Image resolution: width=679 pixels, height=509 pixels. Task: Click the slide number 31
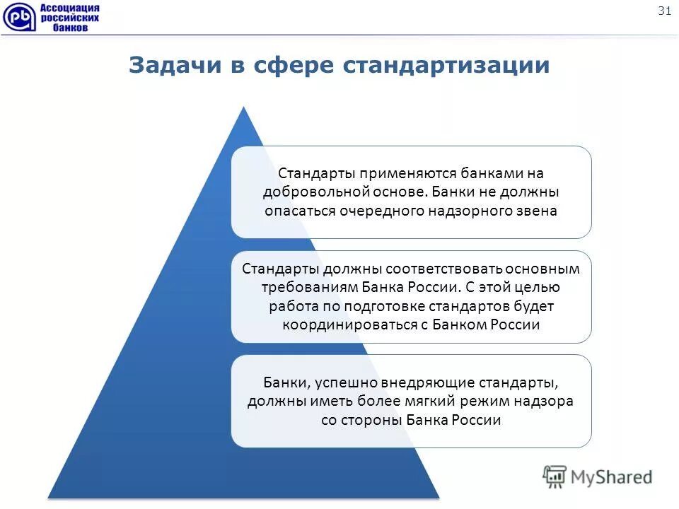[664, 11]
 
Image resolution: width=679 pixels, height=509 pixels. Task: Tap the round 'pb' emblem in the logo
[17, 18]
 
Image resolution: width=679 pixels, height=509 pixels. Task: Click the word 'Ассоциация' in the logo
[69, 8]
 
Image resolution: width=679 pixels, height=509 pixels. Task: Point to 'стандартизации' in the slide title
[446, 65]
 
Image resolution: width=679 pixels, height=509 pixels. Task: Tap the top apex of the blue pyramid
[243, 109]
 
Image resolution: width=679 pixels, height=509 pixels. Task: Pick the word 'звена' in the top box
[537, 211]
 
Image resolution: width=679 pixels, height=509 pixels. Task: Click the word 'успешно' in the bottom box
[347, 382]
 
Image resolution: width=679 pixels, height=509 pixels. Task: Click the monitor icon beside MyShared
[555, 476]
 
